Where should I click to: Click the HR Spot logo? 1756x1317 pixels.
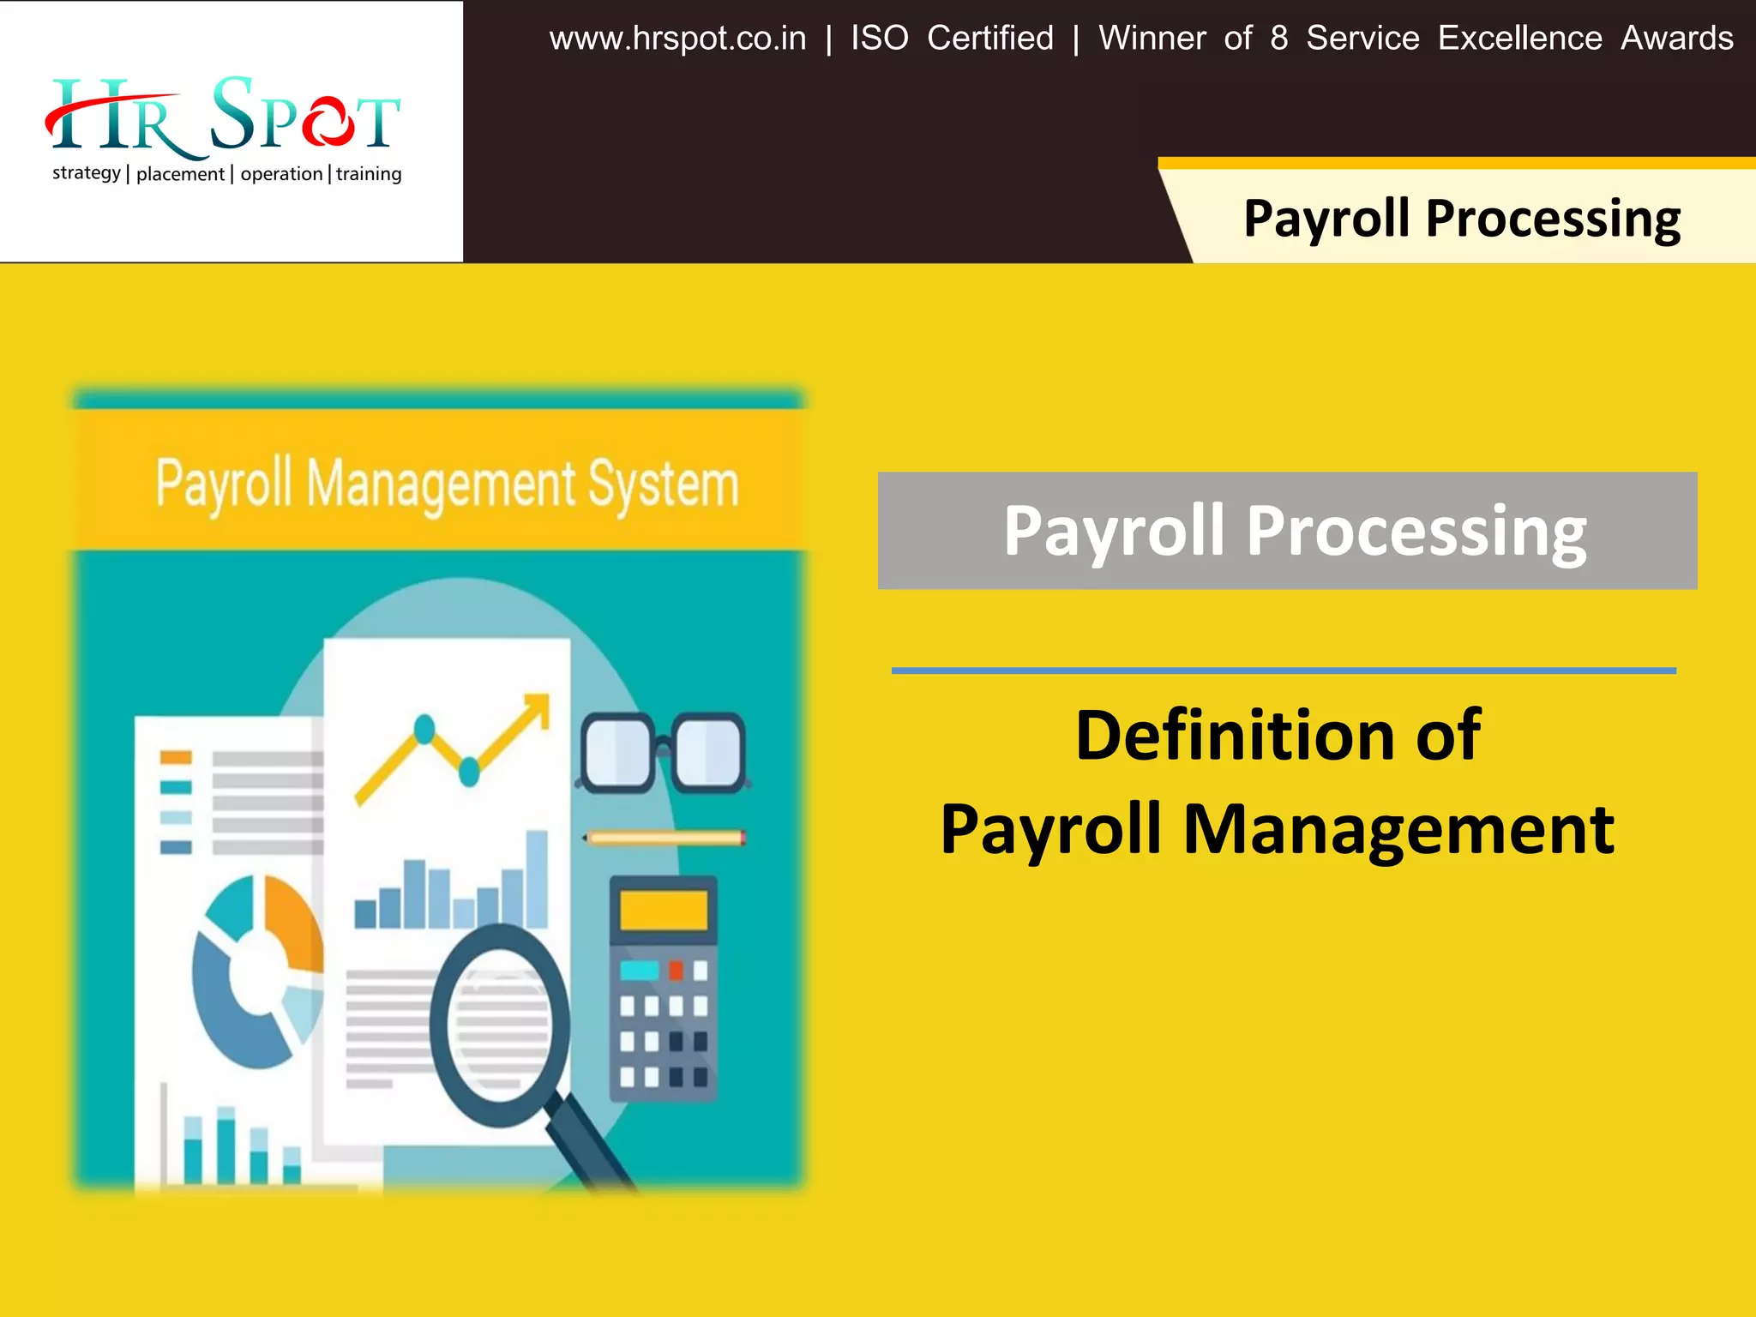(223, 116)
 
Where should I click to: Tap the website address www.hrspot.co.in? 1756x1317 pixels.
(677, 39)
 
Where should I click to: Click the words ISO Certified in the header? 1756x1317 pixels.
(952, 39)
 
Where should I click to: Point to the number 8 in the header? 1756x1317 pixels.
(1278, 39)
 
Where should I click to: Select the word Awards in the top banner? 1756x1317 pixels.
(1676, 39)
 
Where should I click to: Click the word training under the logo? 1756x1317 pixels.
(369, 174)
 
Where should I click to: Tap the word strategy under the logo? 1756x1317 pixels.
(86, 173)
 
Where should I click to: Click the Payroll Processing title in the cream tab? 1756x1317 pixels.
(1461, 219)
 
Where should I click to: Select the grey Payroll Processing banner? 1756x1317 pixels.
(1287, 531)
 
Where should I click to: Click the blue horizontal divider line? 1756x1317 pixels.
(1283, 671)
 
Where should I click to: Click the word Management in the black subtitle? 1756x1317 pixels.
(1398, 829)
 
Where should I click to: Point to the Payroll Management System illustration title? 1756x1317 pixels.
(446, 484)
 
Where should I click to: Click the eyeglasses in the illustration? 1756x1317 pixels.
(663, 752)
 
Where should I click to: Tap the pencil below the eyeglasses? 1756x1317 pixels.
(665, 838)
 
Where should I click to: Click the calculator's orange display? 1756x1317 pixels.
(663, 910)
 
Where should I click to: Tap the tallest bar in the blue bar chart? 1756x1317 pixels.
(537, 879)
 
